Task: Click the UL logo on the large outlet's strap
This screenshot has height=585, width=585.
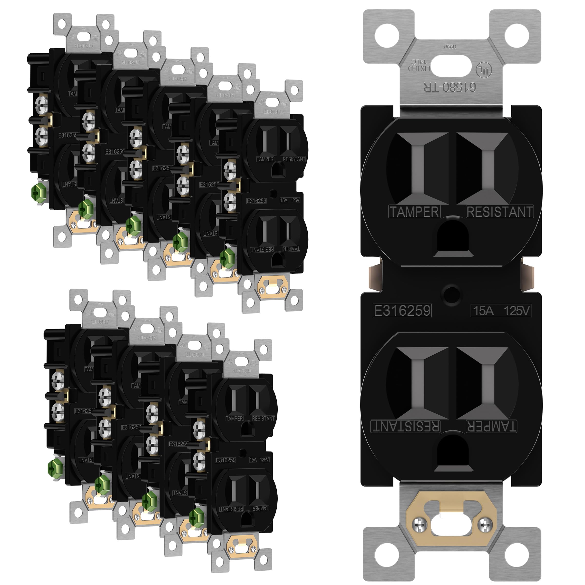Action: tap(484, 70)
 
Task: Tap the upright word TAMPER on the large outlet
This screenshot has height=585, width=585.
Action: tap(414, 212)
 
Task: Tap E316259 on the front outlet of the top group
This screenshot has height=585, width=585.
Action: tap(256, 201)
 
